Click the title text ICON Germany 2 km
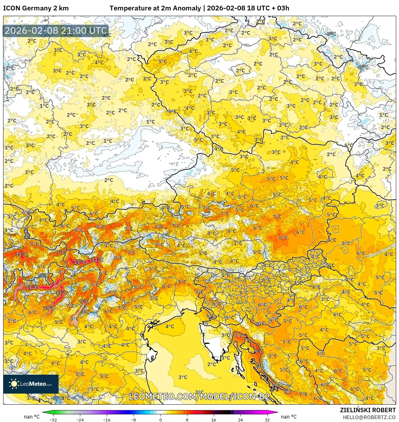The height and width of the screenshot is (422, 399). pyautogui.click(x=36, y=8)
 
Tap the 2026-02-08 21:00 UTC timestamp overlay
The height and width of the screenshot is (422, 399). pyautogui.click(x=56, y=31)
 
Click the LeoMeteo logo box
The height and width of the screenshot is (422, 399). pyautogui.click(x=31, y=384)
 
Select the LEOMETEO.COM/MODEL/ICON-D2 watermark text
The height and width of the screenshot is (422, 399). pyautogui.click(x=199, y=396)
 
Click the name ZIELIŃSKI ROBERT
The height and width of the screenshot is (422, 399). pyautogui.click(x=368, y=410)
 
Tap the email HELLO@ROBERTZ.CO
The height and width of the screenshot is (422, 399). pyautogui.click(x=369, y=417)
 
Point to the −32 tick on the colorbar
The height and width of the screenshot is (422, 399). pyautogui.click(x=53, y=419)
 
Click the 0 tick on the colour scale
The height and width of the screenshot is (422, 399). pyautogui.click(x=160, y=419)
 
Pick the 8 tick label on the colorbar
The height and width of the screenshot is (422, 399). pyautogui.click(x=187, y=419)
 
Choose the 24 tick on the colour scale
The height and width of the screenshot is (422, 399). pyautogui.click(x=241, y=419)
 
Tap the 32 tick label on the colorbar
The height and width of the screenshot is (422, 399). pyautogui.click(x=267, y=419)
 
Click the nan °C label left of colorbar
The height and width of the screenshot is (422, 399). pyautogui.click(x=32, y=417)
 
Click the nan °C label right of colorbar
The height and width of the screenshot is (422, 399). pyautogui.click(x=289, y=417)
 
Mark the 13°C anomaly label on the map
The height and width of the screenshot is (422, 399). pyautogui.click(x=61, y=293)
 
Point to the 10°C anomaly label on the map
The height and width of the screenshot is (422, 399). pyautogui.click(x=49, y=308)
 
